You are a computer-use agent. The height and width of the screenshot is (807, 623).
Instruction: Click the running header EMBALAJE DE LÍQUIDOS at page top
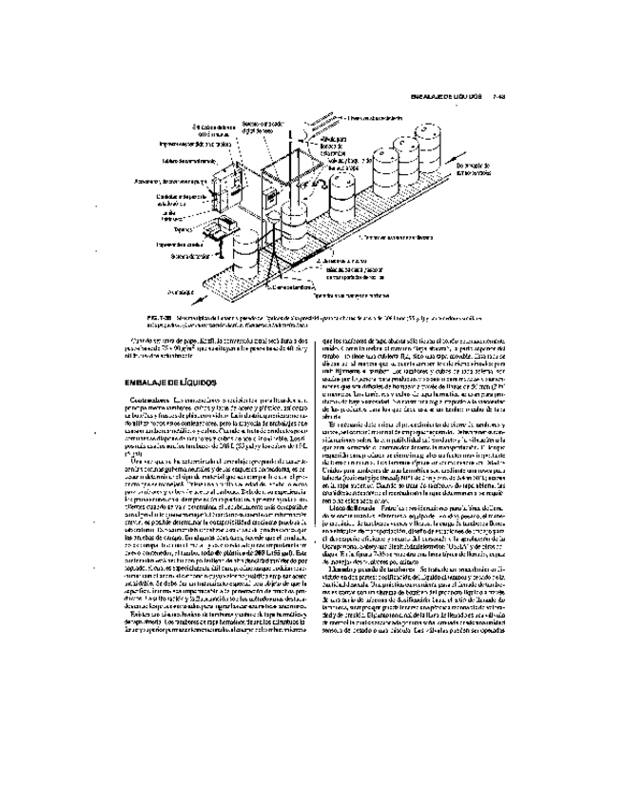click(447, 96)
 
